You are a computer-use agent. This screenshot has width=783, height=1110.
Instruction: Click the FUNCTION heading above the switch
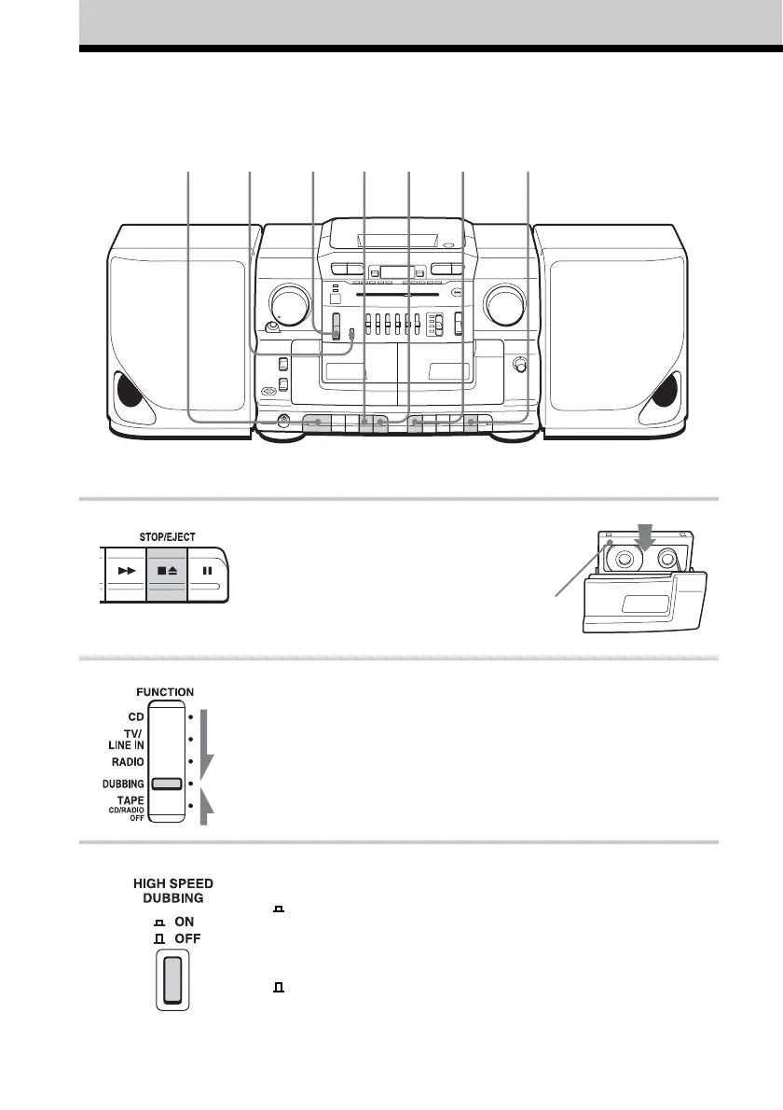point(164,692)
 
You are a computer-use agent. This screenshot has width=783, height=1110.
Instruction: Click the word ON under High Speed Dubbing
point(174,920)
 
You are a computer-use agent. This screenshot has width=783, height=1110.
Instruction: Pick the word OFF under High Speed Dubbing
point(176,937)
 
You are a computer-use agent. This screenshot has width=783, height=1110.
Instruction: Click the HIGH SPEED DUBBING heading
point(169,890)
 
